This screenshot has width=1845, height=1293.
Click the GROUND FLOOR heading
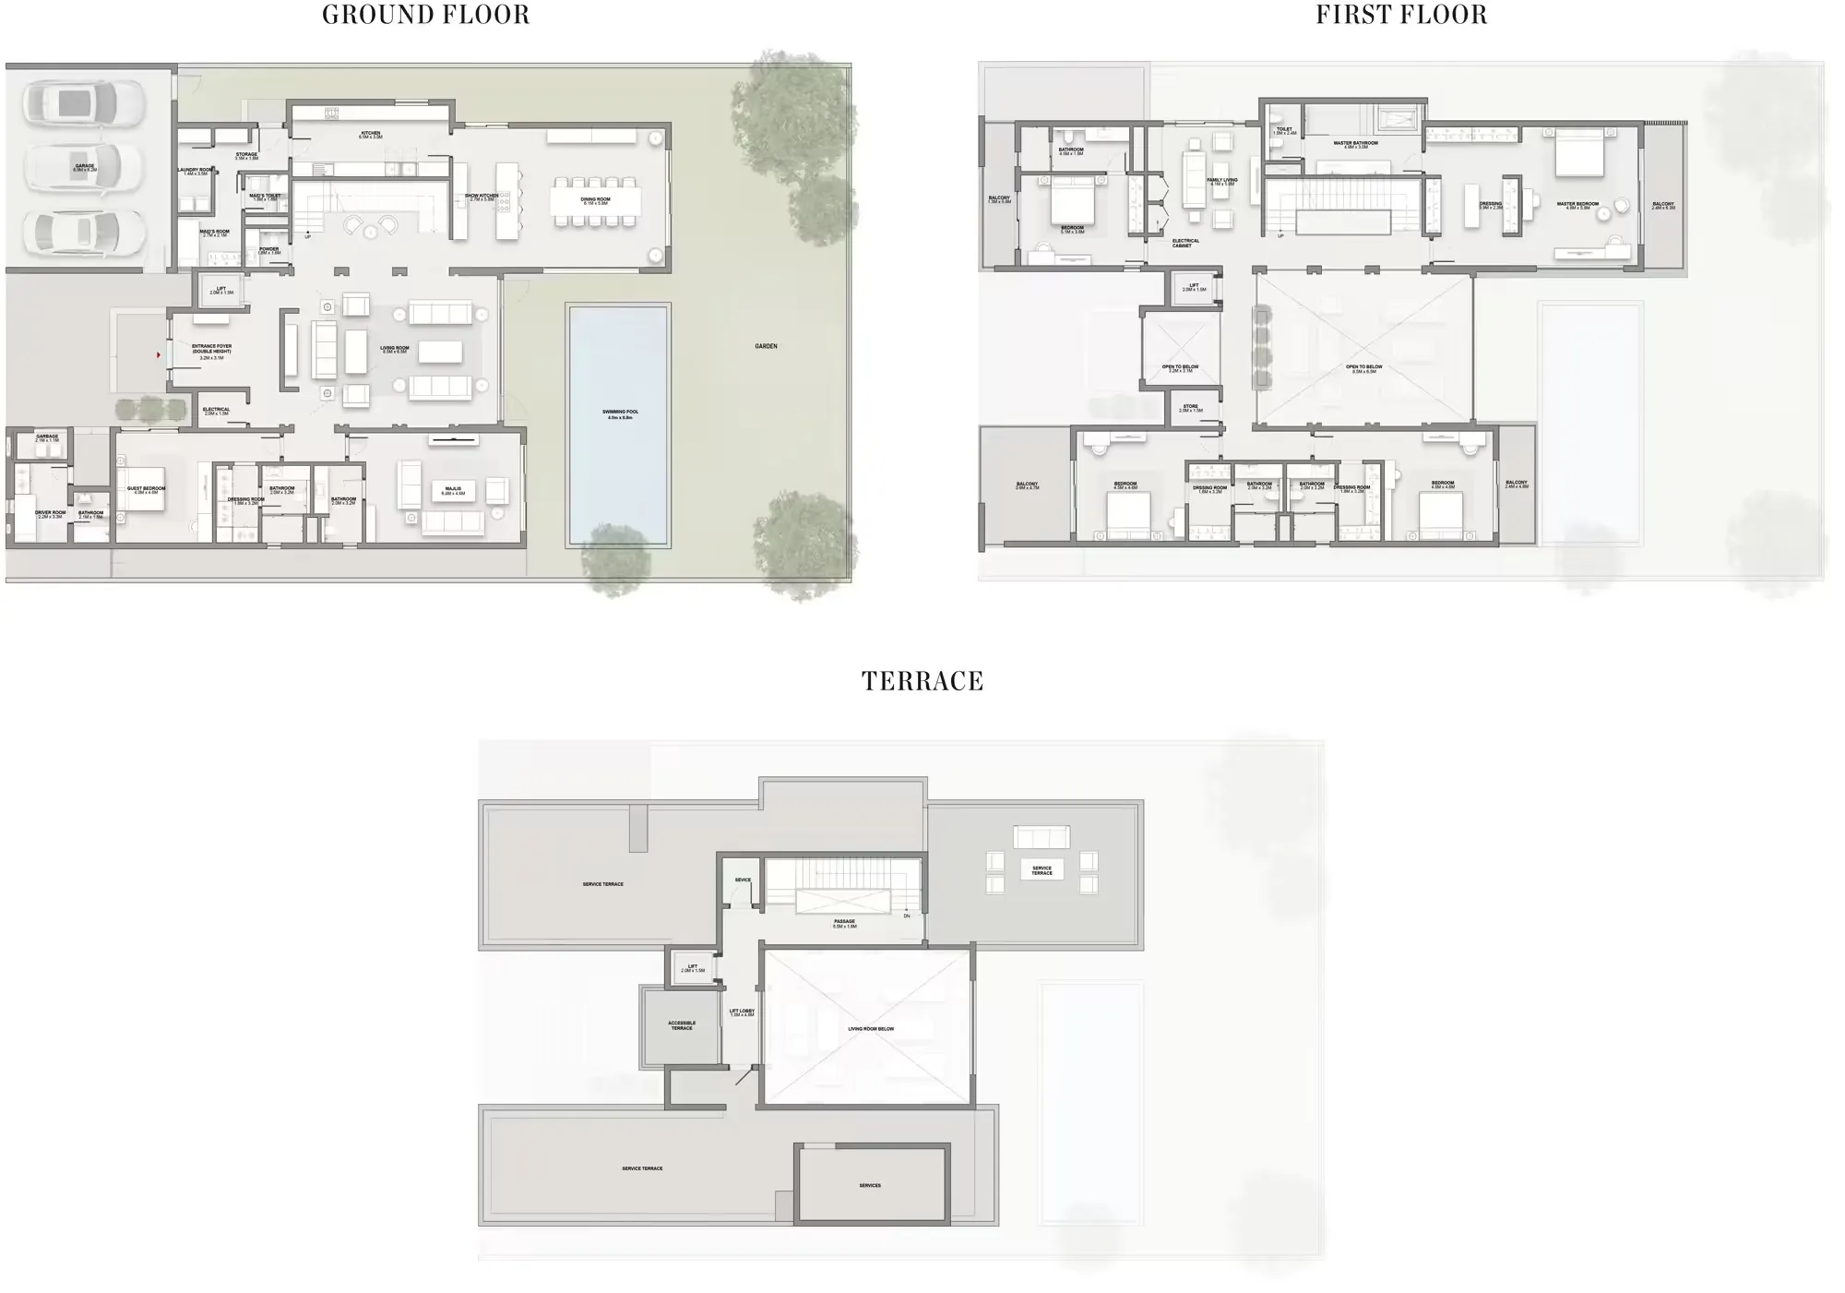coord(425,16)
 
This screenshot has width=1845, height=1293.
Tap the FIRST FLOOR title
coord(1400,16)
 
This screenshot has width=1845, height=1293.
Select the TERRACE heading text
coord(922,682)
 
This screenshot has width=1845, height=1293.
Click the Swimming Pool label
coord(620,414)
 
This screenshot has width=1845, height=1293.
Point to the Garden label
coord(766,346)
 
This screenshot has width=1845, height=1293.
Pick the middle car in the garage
coord(83,167)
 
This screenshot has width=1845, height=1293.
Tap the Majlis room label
coord(453,491)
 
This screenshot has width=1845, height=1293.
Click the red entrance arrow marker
coord(159,354)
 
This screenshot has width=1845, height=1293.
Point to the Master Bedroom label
coord(1577,205)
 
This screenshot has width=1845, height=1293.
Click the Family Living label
coord(1222,182)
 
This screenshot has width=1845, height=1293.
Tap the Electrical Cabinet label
coord(1185,243)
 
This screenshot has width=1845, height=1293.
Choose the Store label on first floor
coord(1191,408)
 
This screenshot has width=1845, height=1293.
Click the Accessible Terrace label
coord(682,1025)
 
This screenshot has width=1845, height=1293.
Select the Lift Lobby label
coord(742,1012)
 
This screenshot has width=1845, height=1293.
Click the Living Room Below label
coord(871,1029)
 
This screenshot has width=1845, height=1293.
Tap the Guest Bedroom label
coord(146,490)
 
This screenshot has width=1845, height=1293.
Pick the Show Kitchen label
coord(481,197)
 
